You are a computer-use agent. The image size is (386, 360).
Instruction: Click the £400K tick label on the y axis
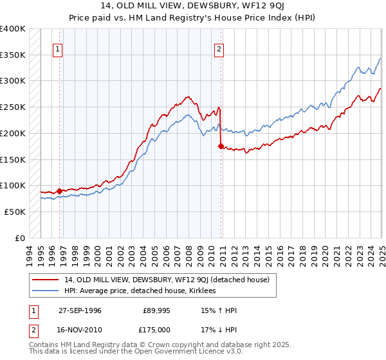pyautogui.click(x=13, y=29)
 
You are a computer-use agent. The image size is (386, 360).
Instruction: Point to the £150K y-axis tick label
pyautogui.click(x=13, y=159)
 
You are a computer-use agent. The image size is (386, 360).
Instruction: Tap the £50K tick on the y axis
pyautogui.click(x=15, y=212)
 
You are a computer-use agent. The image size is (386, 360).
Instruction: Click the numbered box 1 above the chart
pyautogui.click(x=58, y=49)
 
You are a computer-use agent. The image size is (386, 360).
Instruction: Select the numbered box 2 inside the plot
pyautogui.click(x=219, y=49)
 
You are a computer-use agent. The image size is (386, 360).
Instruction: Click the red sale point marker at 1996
pyautogui.click(x=59, y=191)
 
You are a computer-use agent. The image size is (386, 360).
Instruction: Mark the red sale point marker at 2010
pyautogui.click(x=221, y=147)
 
